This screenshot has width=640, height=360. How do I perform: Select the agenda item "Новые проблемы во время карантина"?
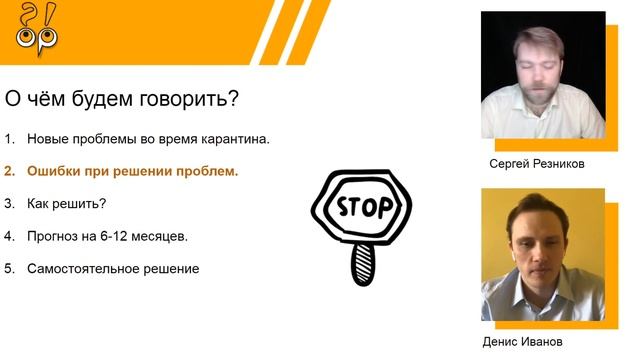click(x=148, y=138)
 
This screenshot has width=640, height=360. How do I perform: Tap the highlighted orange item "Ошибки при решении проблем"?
click(x=132, y=171)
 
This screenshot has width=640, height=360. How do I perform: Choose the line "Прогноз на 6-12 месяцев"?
click(x=107, y=236)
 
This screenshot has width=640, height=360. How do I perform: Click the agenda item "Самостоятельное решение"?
click(x=113, y=269)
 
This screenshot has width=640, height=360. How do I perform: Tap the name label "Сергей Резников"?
click(x=536, y=164)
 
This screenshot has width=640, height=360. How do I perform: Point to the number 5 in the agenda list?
click(x=8, y=269)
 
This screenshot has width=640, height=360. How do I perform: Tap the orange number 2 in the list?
click(x=8, y=171)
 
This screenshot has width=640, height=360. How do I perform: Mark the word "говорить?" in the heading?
click(x=205, y=100)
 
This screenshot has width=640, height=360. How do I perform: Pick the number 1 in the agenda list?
click(x=8, y=138)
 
